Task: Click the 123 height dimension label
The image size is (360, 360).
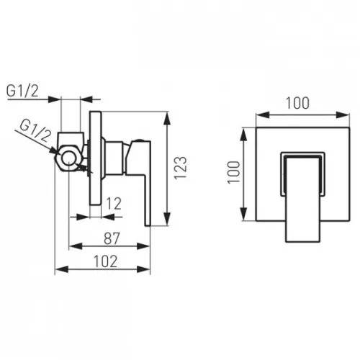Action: [x=181, y=168]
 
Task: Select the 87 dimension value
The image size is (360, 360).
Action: [x=112, y=238]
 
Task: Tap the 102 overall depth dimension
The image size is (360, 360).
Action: [x=106, y=261]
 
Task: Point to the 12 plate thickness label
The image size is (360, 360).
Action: [x=114, y=204]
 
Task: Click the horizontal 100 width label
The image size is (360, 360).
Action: [x=297, y=103]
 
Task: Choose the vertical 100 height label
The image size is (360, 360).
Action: [x=233, y=173]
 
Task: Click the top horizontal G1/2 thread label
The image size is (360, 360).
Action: [x=22, y=91]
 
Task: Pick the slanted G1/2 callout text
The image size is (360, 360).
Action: [x=35, y=131]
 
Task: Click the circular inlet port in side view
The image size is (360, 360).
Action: [x=69, y=158]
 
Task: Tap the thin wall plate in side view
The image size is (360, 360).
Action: [x=96, y=158]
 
